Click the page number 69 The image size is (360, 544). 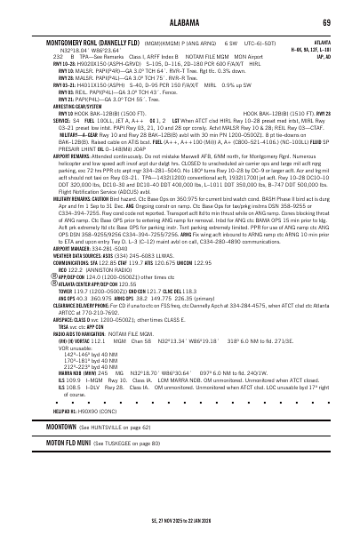click(x=327, y=22)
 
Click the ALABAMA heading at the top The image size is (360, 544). click(x=180, y=22)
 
